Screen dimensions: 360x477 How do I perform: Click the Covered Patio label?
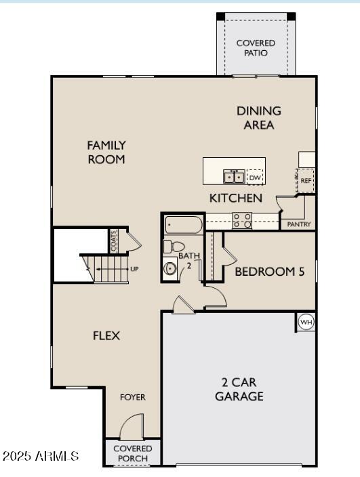[x=256, y=48]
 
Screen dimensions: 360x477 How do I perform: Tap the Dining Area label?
[x=259, y=118]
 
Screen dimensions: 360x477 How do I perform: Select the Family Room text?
[x=106, y=152]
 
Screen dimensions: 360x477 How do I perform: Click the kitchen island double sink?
[x=234, y=176]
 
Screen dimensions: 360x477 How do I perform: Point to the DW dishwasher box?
[x=255, y=177]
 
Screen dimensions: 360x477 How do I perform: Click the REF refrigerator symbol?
[x=306, y=180]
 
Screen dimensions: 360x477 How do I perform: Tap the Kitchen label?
[x=236, y=198]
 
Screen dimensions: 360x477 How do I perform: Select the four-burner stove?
[x=242, y=221]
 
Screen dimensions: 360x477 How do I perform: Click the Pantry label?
[x=299, y=224]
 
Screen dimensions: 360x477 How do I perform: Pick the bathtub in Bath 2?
[x=184, y=225]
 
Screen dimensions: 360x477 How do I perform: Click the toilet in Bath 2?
[x=174, y=246]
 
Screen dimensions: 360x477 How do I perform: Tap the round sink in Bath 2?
[x=169, y=268]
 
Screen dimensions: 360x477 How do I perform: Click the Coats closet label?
[x=114, y=241]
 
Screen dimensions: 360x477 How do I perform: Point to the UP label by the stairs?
[x=134, y=269]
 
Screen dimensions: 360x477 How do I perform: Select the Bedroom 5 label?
[x=270, y=272]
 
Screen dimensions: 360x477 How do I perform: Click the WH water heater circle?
[x=306, y=322]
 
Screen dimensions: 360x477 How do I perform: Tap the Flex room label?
[x=106, y=335]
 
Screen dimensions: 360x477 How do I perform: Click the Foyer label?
[x=133, y=397]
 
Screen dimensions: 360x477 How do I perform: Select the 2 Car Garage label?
[x=239, y=390]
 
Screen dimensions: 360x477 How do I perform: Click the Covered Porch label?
[x=133, y=453]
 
